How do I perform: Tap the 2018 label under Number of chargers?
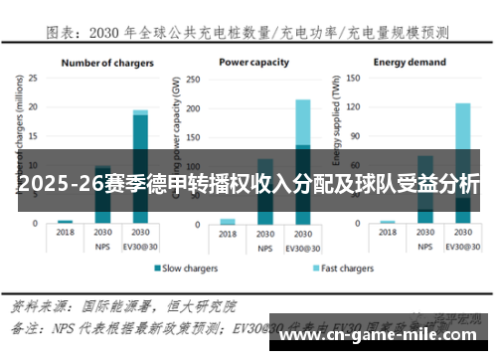[66, 232]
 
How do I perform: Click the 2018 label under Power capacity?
[228, 233]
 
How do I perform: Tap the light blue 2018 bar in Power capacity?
[228, 221]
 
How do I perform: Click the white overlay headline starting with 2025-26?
[248, 184]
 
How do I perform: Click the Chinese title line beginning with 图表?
[248, 33]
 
